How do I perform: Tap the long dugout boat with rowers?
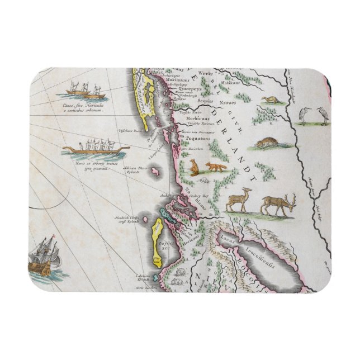95,149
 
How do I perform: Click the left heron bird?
305,115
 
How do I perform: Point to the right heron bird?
323,115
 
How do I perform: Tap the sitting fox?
194,167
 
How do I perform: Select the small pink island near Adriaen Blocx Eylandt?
152,169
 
